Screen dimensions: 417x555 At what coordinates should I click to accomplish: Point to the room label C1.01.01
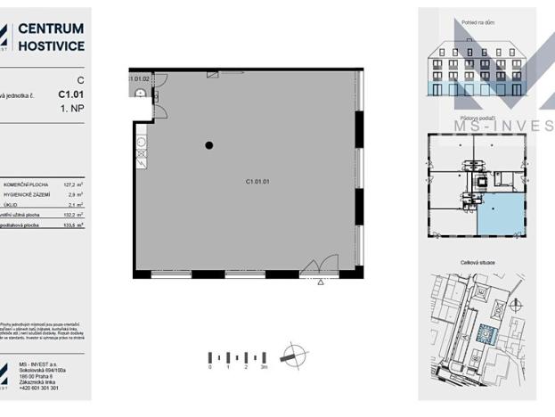pyautogui.click(x=257, y=181)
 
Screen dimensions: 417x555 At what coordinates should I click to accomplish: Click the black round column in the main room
pyautogui.click(x=209, y=145)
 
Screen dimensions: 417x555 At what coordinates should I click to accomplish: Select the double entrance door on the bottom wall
pyautogui.click(x=319, y=266)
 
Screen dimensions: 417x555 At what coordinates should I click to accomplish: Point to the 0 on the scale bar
pyautogui.click(x=210, y=367)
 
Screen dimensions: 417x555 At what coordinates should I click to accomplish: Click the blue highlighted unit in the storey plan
pyautogui.click(x=501, y=215)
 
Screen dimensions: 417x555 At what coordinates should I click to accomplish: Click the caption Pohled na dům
pyautogui.click(x=478, y=22)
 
